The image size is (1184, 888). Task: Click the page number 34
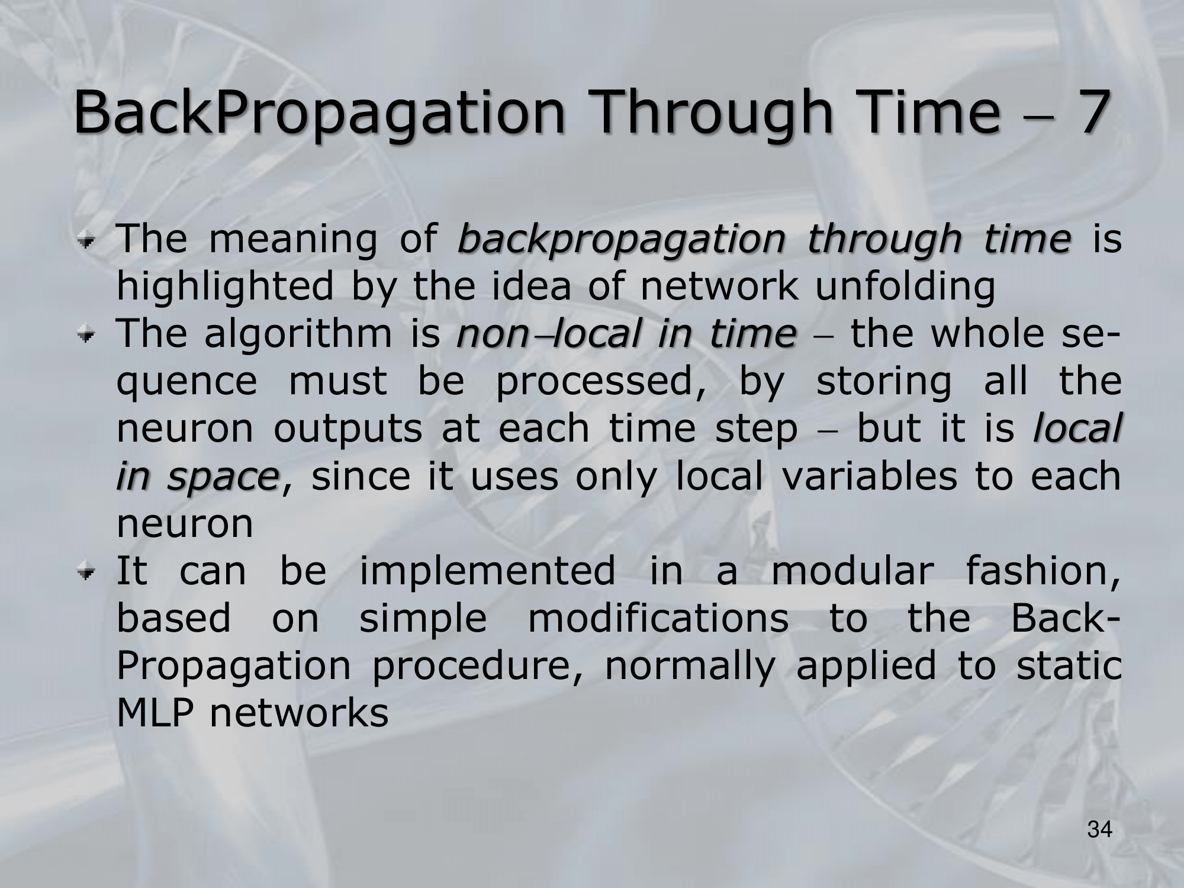point(1100,830)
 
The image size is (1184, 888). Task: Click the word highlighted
point(225,288)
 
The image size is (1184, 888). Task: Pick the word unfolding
point(905,288)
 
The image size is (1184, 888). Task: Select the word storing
point(883,382)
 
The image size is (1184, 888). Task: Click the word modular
point(853,571)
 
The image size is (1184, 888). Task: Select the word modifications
point(658,618)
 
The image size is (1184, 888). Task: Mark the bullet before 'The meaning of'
point(88,241)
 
